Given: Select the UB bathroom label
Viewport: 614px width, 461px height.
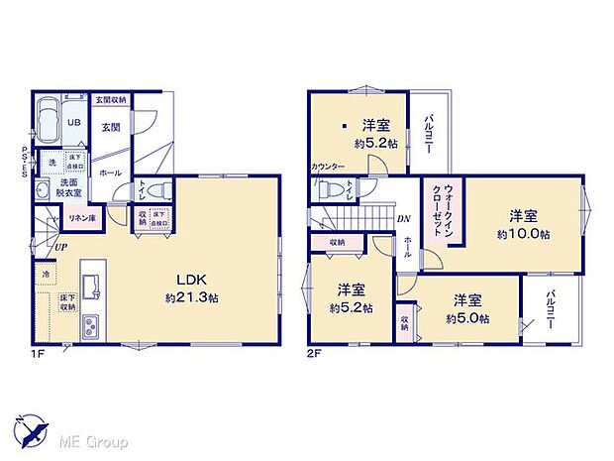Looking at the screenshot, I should click(x=74, y=123).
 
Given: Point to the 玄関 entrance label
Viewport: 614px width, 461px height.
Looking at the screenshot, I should click(x=110, y=126).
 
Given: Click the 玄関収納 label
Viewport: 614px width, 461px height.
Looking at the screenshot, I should click(x=111, y=99).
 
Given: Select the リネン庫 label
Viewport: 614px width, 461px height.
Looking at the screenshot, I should click(x=81, y=219).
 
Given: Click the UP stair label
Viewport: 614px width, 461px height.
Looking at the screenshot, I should click(x=61, y=246).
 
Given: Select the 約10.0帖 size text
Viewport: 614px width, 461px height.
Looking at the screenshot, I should click(x=523, y=233).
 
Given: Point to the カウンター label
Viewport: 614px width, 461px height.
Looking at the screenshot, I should click(x=327, y=167).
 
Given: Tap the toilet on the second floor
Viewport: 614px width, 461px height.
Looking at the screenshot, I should click(x=335, y=189).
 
